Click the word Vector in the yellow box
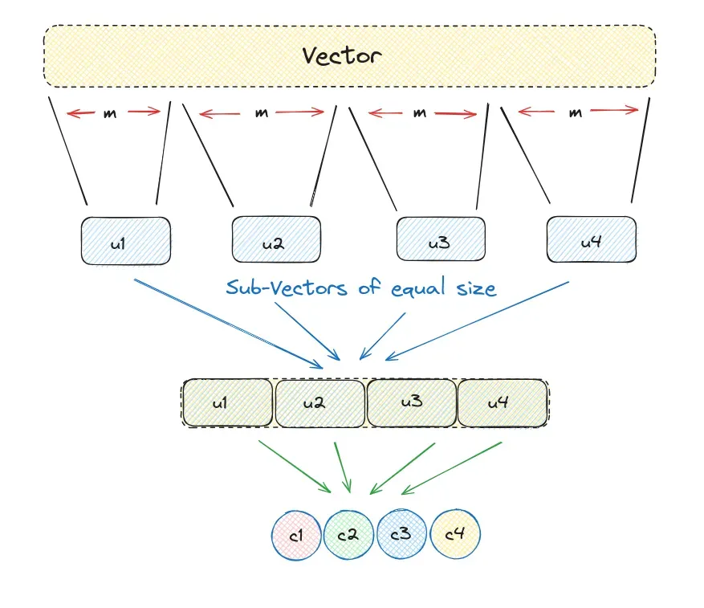pyautogui.click(x=341, y=55)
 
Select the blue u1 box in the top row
pyautogui.click(x=125, y=241)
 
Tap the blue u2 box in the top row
pyautogui.click(x=277, y=241)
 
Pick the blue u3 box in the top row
pyautogui.click(x=441, y=239)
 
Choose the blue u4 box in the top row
pyautogui.click(x=592, y=239)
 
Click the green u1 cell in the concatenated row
pyautogui.click(x=228, y=402)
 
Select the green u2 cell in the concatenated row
pyautogui.click(x=320, y=402)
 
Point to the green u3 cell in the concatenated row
pyautogui.click(x=412, y=402)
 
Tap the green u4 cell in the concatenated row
pyautogui.click(x=503, y=402)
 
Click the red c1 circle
pyautogui.click(x=296, y=534)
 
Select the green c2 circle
pyautogui.click(x=348, y=534)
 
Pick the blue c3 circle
pyautogui.click(x=401, y=534)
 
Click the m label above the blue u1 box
pyautogui.click(x=111, y=113)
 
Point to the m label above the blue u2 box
pyautogui.click(x=262, y=113)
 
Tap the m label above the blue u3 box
pyautogui.click(x=420, y=113)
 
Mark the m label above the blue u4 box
pyautogui.click(x=575, y=113)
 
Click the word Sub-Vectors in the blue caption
pyautogui.click(x=287, y=288)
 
